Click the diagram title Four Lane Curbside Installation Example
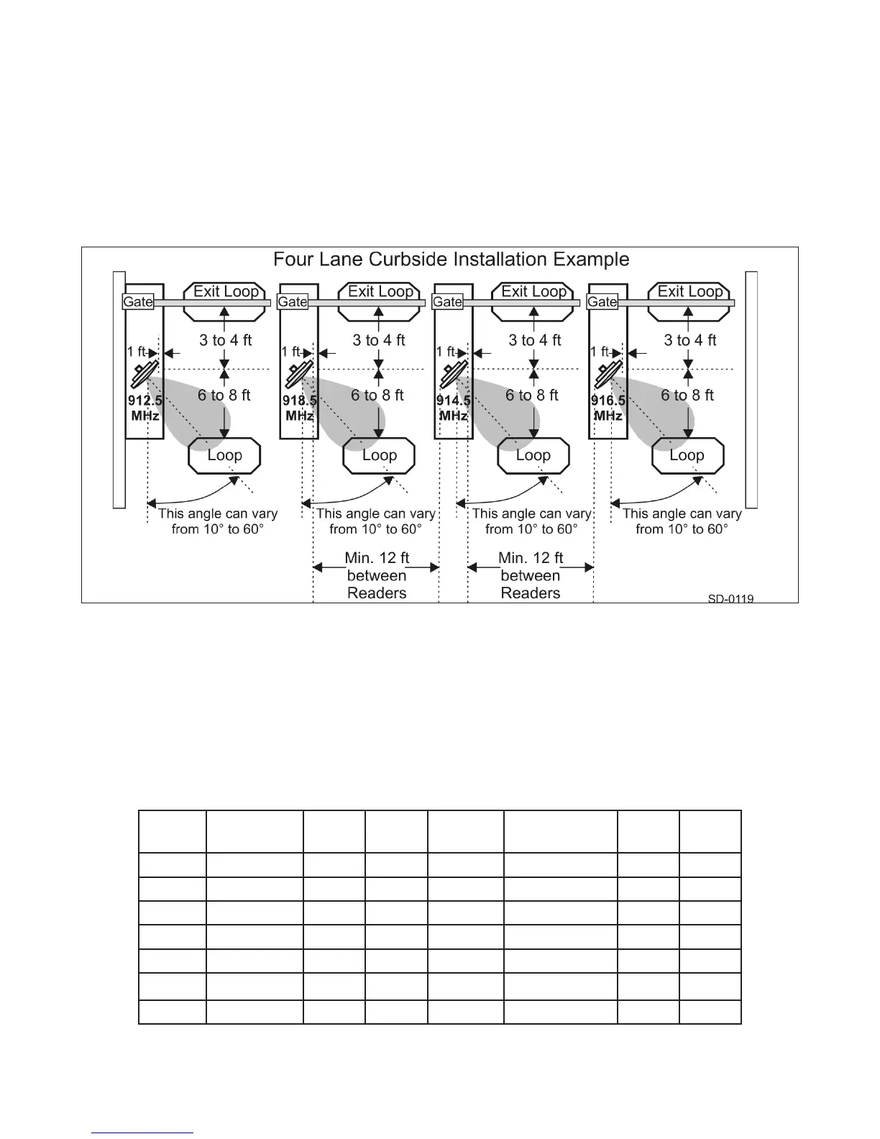pyautogui.click(x=452, y=260)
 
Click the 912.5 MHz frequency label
pyautogui.click(x=145, y=408)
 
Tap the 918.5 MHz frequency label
pyautogui.click(x=299, y=408)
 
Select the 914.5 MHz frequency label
pyautogui.click(x=454, y=408)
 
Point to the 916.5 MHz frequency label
pyautogui.click(x=608, y=408)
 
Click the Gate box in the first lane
pyautogui.click(x=138, y=302)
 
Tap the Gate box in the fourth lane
pyautogui.click(x=602, y=302)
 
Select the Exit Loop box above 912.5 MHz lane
pyautogui.click(x=226, y=292)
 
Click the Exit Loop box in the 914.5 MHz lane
pyautogui.click(x=534, y=292)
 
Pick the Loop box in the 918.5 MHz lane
pyautogui.click(x=380, y=456)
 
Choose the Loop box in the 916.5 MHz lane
pyautogui.click(x=687, y=456)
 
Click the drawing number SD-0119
pyautogui.click(x=730, y=598)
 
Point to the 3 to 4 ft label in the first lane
pyautogui.click(x=226, y=341)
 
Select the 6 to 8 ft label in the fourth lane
pyautogui.click(x=687, y=395)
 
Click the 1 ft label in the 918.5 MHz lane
pyautogui.click(x=291, y=352)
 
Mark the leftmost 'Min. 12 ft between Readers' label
pyautogui.click(x=377, y=575)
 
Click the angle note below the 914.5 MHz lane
pyautogui.click(x=531, y=521)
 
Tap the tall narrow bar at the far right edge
pyautogui.click(x=752, y=390)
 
